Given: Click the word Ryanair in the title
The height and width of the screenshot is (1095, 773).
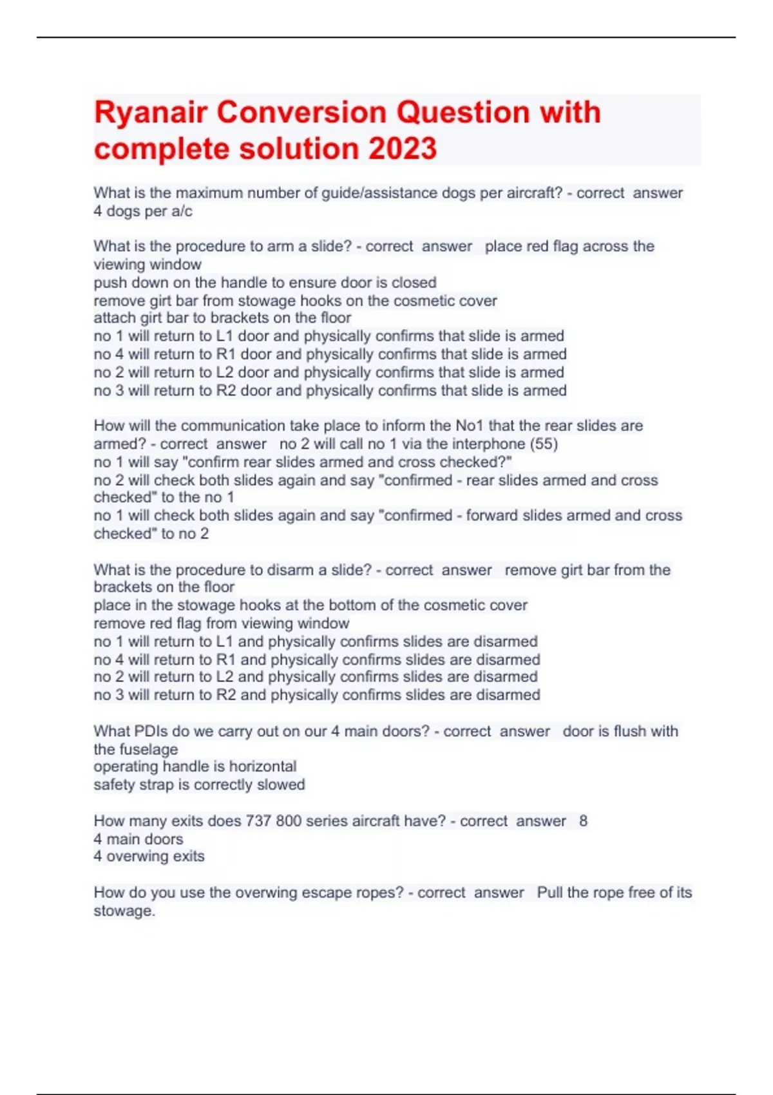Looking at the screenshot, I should point(150,113).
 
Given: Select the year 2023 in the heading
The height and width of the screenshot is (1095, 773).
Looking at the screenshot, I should point(403,149).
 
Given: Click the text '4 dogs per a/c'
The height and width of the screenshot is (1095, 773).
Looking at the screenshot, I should point(142,211).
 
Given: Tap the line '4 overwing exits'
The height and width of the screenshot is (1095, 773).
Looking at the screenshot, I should point(149,856).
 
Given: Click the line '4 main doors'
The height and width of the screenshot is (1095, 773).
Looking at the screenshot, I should point(138,839).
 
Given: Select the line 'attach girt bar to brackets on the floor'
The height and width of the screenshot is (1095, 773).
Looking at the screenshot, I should point(222,318).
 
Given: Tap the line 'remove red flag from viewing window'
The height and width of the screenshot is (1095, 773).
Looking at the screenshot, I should point(221,623).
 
